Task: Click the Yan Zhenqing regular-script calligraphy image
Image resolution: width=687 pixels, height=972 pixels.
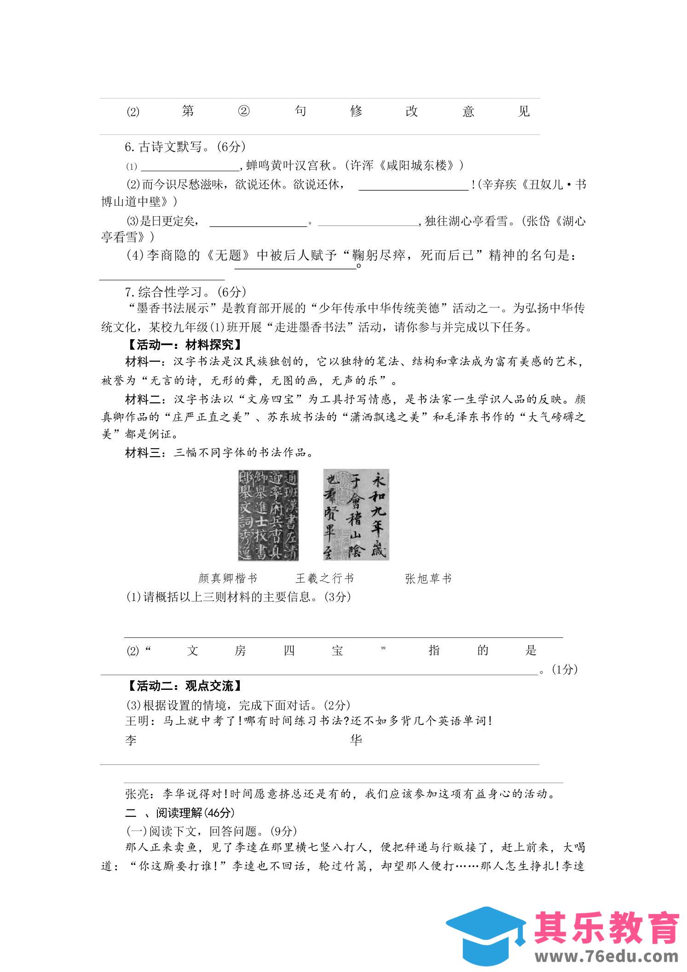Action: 268,515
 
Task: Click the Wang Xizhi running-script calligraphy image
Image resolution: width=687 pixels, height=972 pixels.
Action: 356,515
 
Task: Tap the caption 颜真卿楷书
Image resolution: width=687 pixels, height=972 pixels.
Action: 228,579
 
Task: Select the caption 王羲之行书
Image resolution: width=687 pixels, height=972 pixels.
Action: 324,579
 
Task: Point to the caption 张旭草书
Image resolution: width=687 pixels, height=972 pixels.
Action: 428,579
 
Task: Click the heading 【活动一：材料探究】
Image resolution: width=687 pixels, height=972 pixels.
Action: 184,345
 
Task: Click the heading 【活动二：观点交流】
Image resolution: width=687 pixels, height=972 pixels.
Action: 184,686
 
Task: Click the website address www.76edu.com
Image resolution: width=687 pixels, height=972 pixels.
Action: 606,956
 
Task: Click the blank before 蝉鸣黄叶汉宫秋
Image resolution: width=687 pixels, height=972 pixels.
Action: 190,166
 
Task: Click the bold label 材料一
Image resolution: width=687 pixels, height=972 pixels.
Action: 142,362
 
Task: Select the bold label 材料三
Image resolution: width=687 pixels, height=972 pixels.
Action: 142,453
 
